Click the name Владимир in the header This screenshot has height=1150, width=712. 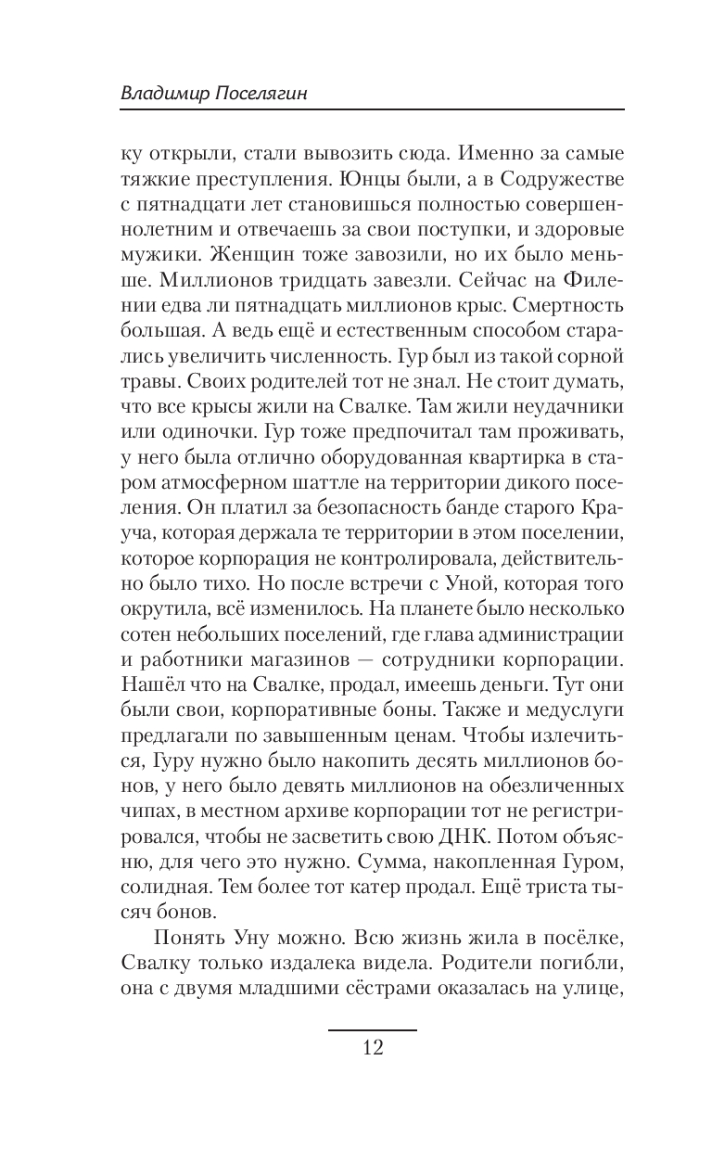click(x=164, y=95)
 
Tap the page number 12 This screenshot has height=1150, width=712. click(x=373, y=1049)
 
